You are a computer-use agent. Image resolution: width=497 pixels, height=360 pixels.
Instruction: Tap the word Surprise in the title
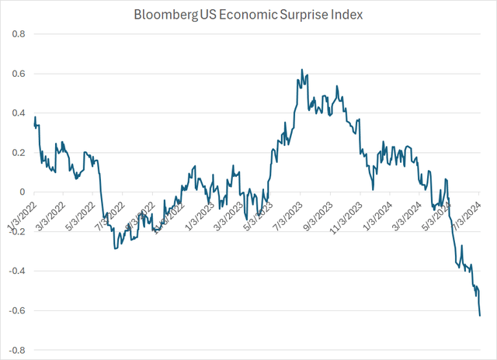pyautogui.click(x=290, y=15)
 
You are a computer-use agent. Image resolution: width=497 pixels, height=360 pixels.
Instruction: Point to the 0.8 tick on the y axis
pyautogui.click(x=16, y=34)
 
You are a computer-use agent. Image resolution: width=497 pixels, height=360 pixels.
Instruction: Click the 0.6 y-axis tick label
pyautogui.click(x=16, y=74)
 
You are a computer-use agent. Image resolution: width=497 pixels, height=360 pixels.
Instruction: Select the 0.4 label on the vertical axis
pyautogui.click(x=16, y=113)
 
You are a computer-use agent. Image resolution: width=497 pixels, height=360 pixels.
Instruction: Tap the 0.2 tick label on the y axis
pyautogui.click(x=16, y=153)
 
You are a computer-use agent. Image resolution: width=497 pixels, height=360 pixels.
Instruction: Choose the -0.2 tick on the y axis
pyautogui.click(x=15, y=232)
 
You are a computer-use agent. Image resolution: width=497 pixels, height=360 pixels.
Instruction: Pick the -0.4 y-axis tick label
pyautogui.click(x=15, y=272)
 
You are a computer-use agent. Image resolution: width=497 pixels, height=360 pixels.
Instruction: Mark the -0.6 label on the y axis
pyautogui.click(x=15, y=311)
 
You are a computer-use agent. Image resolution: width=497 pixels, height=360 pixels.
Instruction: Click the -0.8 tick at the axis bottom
pyautogui.click(x=15, y=351)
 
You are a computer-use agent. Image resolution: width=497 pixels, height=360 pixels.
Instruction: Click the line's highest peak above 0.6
pyautogui.click(x=301, y=70)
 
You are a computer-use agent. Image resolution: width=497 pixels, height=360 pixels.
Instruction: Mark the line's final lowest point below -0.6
pyautogui.click(x=480, y=315)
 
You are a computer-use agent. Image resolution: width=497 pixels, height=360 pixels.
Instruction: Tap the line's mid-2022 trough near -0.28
pyautogui.click(x=115, y=247)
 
